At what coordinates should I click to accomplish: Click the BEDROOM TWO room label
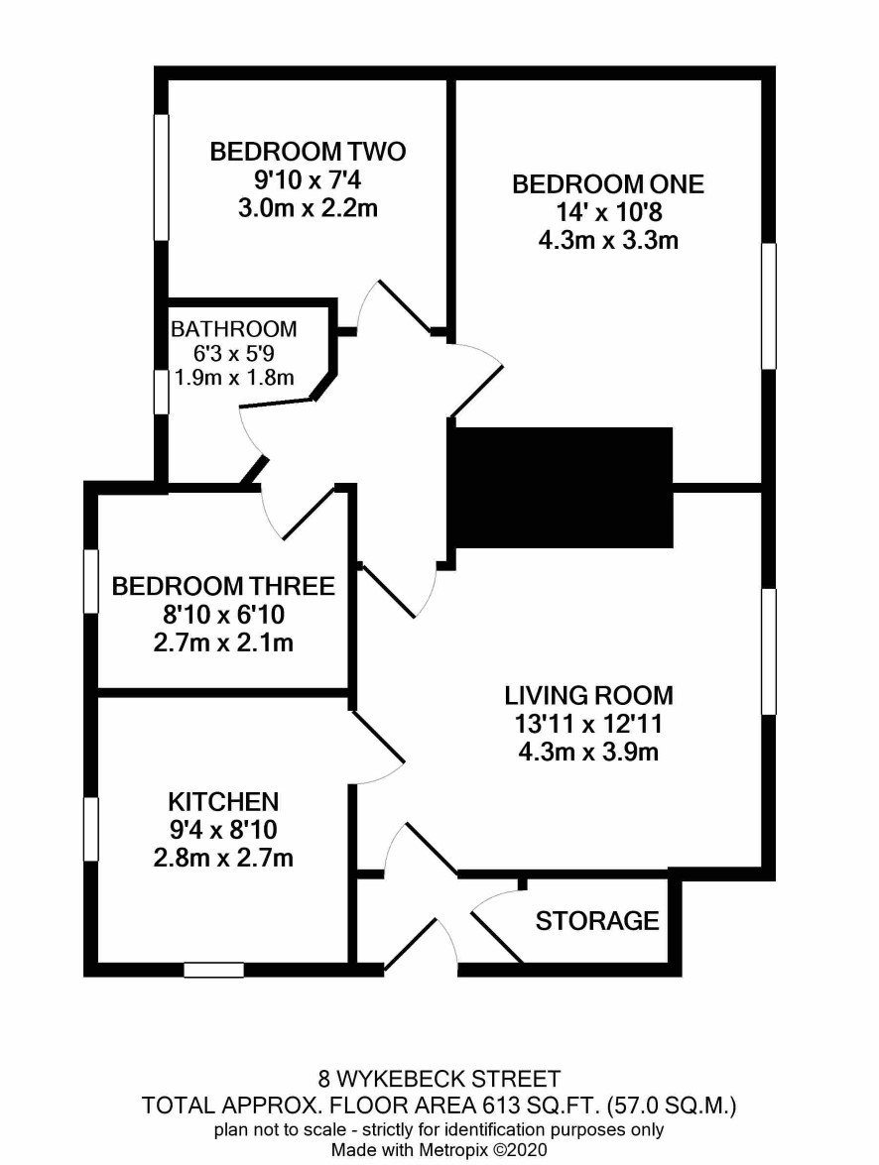coord(308,152)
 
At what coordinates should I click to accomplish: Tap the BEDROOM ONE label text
coord(608,184)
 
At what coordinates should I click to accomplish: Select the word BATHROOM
coord(233,328)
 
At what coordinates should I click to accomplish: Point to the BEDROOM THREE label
coord(223,586)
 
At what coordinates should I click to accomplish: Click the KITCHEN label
coord(223,802)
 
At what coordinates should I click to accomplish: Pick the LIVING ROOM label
coord(589,695)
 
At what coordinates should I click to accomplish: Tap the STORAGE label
coord(597,921)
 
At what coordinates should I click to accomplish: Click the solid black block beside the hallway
coord(564,488)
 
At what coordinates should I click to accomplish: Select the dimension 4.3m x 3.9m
coord(589,752)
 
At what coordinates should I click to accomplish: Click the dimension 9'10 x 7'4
coord(308,179)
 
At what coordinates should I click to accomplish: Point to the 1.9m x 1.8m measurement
coord(233,378)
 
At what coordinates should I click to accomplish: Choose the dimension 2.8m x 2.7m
coord(223,859)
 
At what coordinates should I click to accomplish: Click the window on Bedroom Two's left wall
coord(162,176)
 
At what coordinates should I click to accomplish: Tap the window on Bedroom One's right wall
coord(769,305)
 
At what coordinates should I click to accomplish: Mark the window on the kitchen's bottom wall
coord(214,970)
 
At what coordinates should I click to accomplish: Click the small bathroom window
coord(162,392)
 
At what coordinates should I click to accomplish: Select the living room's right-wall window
coord(769,652)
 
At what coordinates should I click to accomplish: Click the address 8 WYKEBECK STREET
coord(439,1078)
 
